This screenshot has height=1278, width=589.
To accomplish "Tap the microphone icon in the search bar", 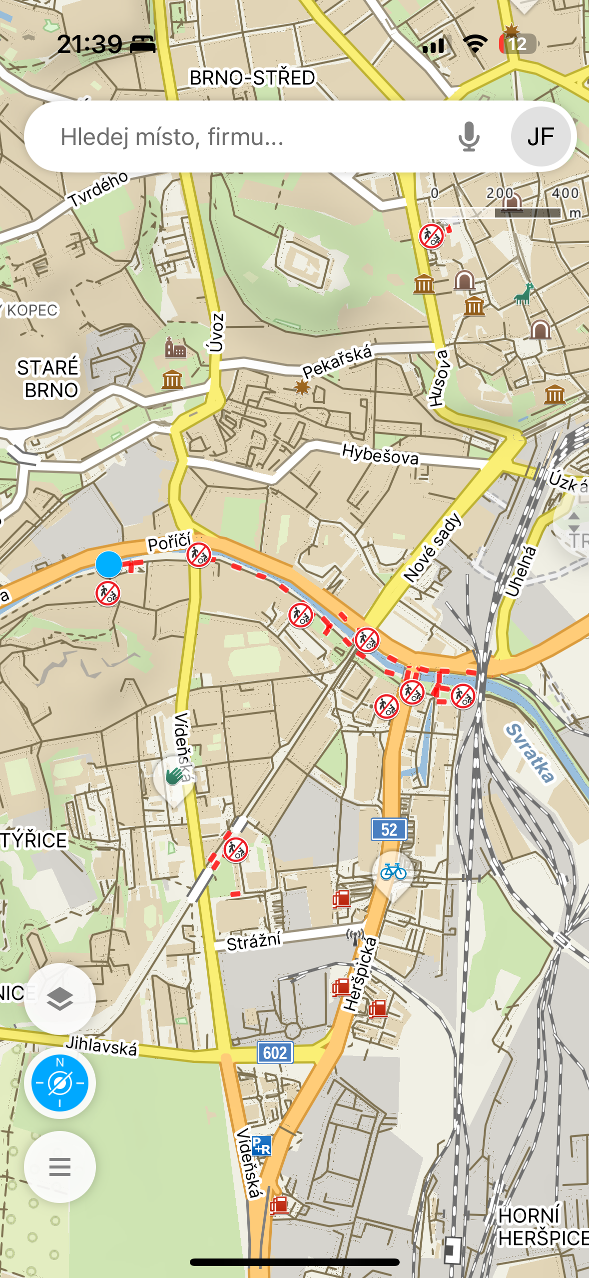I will click(469, 136).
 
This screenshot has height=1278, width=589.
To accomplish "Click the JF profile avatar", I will click(541, 136).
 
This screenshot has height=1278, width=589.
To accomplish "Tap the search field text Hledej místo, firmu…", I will click(172, 136).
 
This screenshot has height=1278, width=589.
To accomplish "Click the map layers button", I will click(60, 999).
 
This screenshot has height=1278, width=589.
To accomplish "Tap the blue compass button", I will click(60, 1083).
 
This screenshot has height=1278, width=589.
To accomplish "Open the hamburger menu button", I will click(60, 1167).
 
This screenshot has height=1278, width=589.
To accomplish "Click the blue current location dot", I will click(108, 564).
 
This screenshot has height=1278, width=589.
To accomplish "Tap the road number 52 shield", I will click(389, 829).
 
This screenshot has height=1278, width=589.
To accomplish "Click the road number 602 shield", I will click(275, 1052).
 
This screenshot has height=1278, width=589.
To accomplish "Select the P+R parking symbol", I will click(261, 1145).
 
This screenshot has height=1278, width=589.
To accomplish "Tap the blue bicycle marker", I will click(393, 872).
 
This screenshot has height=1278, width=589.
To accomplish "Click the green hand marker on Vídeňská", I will click(174, 776).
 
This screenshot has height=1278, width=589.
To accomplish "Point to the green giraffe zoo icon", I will click(524, 293).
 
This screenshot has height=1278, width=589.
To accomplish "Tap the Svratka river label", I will click(530, 752).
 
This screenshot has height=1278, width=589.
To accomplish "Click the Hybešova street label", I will click(380, 453).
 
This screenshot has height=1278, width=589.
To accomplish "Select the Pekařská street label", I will click(337, 360).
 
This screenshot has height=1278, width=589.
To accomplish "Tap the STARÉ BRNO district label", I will click(49, 378).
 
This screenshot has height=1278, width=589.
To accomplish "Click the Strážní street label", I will click(254, 941).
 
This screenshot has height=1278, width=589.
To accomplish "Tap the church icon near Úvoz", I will click(175, 348).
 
